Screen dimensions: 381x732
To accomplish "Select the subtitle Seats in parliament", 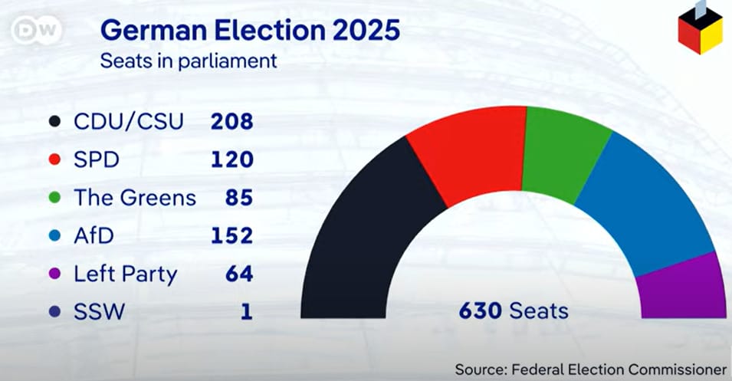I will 189,61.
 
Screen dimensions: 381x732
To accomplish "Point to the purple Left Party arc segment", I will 682,287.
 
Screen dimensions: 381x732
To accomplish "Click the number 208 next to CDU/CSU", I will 231,121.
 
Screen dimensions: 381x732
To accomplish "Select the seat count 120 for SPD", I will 231,159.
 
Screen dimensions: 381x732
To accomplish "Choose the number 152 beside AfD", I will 231,235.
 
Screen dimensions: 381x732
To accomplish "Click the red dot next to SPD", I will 54,159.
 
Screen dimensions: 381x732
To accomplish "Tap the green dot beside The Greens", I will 54,198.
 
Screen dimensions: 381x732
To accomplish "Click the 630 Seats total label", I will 514,310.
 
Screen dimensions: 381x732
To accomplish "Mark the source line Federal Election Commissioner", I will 590,369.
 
